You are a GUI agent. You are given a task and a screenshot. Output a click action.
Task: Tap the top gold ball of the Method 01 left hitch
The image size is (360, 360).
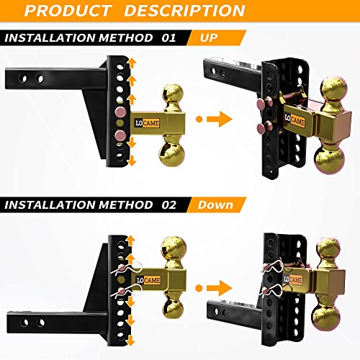coord(173,96)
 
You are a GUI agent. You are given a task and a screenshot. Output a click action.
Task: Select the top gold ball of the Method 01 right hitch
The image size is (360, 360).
coord(333,93)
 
